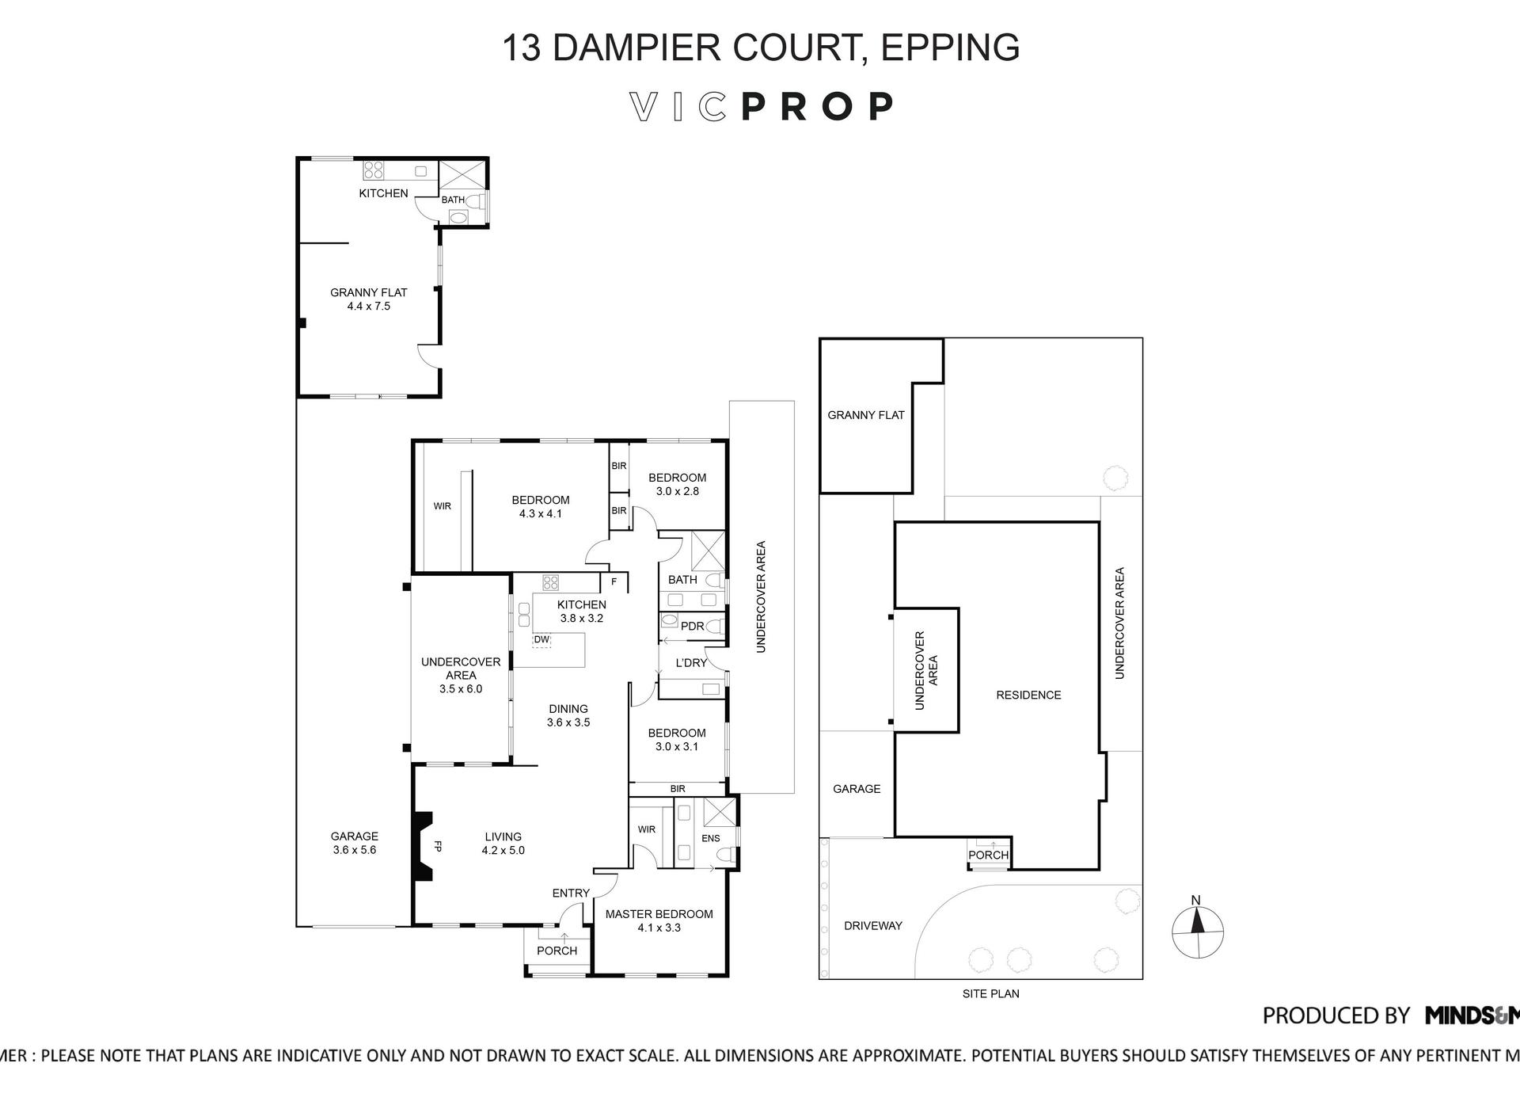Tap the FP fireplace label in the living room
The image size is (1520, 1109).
click(437, 846)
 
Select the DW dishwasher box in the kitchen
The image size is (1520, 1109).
click(541, 639)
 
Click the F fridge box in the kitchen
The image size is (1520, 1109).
click(614, 581)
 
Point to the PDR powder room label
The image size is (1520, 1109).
click(692, 626)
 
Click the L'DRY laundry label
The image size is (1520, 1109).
click(691, 662)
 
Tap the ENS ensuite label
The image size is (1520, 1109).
click(711, 838)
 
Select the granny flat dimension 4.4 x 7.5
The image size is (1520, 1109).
click(369, 306)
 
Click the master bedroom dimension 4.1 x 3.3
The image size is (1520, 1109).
click(659, 928)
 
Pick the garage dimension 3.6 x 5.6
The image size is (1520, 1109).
click(354, 850)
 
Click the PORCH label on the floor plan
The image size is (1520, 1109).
click(557, 951)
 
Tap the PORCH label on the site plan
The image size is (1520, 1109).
click(989, 855)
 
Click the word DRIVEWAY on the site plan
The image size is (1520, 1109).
click(872, 925)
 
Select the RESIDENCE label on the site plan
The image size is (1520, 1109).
click(1028, 695)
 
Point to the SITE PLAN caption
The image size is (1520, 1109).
click(990, 993)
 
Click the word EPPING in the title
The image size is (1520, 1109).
click(950, 48)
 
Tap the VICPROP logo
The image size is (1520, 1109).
click(762, 107)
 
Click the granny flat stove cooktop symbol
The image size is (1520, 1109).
click(373, 170)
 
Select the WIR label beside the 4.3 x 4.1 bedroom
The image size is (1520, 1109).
click(442, 506)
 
